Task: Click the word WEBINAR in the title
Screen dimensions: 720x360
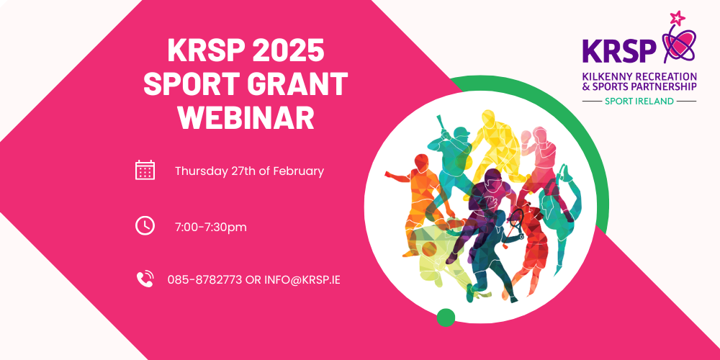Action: (x=246, y=117)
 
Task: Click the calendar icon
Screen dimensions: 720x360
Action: (x=145, y=170)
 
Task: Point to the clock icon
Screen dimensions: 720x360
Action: (x=145, y=225)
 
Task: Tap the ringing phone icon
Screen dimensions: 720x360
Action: (x=145, y=279)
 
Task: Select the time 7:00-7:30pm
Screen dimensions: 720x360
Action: (x=211, y=227)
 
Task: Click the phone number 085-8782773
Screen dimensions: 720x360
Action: (x=204, y=279)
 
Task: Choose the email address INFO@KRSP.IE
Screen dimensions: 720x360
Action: (x=302, y=279)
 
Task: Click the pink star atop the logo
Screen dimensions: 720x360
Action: (x=678, y=19)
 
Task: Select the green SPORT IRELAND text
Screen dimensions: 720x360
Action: (x=639, y=101)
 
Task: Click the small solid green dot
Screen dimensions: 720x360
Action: (x=446, y=318)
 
